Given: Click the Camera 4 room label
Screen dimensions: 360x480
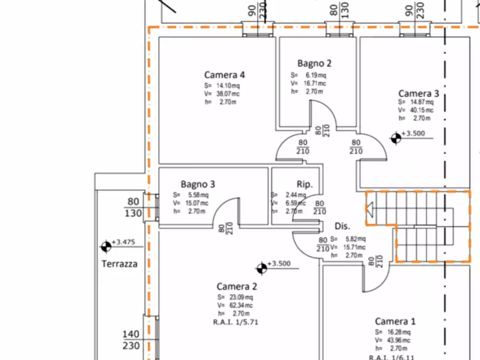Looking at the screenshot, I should (x=225, y=75).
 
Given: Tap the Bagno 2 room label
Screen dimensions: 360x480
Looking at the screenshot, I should (x=314, y=63).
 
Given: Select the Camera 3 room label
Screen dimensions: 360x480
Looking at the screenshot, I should (x=418, y=93).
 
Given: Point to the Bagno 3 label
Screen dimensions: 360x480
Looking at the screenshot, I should (x=198, y=184).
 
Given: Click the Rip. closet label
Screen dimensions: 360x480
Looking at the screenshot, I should (x=305, y=183).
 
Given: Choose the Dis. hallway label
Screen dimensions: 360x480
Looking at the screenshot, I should (x=342, y=226).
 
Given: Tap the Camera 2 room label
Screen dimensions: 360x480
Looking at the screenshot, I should (x=237, y=286).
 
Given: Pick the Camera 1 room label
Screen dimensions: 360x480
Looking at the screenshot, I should (x=395, y=321).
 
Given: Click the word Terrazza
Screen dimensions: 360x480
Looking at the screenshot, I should (x=119, y=264).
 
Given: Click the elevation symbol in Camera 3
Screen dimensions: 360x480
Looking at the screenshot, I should (x=396, y=138).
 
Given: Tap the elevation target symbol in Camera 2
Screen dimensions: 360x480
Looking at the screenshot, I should (x=262, y=268).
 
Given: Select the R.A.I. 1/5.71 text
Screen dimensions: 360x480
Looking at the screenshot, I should (x=237, y=322).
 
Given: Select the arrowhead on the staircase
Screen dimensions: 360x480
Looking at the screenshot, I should (x=370, y=207).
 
